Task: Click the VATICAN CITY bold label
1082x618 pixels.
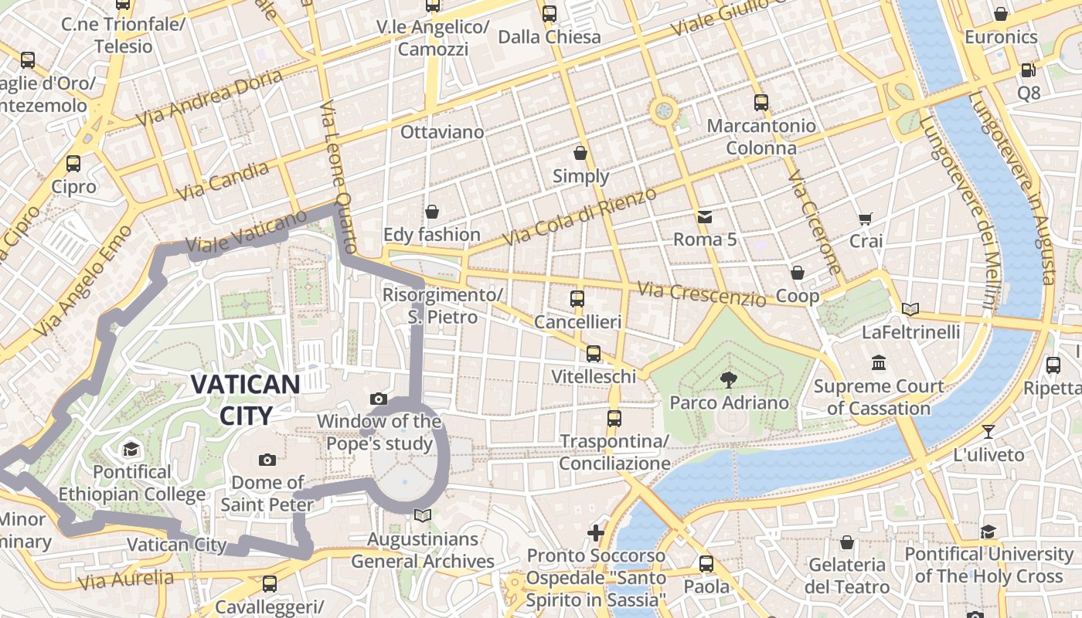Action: pos(245,399)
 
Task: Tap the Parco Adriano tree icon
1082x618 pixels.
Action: pos(728,379)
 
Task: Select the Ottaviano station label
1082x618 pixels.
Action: pos(442,132)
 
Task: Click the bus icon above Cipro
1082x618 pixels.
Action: pos(73,164)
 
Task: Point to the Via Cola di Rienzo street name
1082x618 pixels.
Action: pos(580,216)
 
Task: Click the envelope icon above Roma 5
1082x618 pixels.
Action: pos(705,217)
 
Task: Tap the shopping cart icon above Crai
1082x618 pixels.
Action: pos(865,219)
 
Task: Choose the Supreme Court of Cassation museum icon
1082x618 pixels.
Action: pos(878,363)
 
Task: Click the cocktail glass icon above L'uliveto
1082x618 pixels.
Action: pos(988,432)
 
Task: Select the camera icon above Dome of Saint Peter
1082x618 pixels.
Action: pos(267,460)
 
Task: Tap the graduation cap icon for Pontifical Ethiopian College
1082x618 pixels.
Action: pos(130,450)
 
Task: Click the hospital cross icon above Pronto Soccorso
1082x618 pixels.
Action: pos(595,533)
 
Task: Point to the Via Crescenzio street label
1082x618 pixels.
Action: pos(701,294)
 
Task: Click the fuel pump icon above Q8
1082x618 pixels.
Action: pos(1028,70)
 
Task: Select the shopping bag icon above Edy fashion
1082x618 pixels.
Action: pos(432,212)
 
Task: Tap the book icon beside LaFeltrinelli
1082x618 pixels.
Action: pos(910,310)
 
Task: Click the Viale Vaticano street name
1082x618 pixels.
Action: pos(236,234)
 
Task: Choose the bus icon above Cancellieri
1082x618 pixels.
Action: pos(577,299)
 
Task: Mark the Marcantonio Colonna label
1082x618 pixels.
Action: pos(761,136)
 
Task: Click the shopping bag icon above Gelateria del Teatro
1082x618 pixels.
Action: pos(846,542)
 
